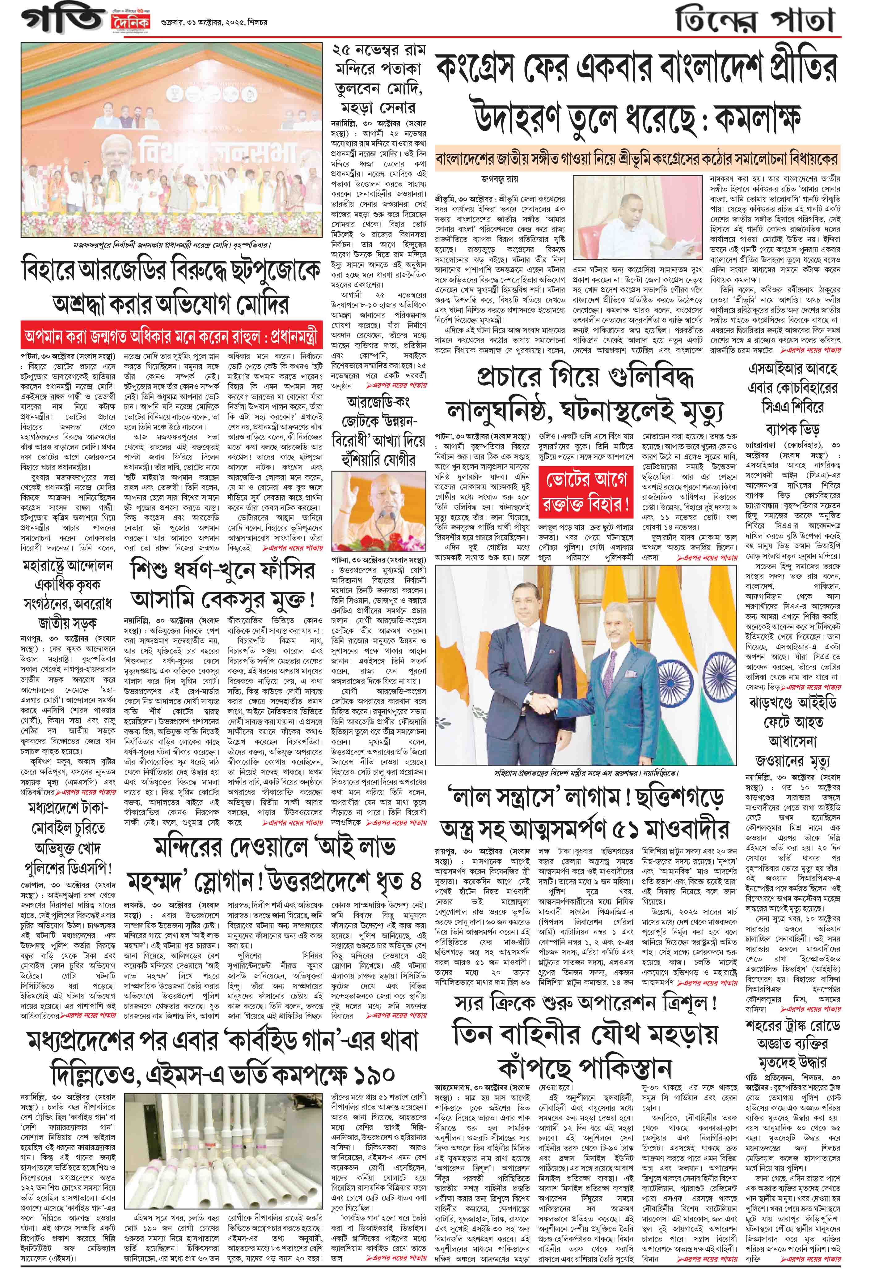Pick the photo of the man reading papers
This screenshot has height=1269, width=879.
pyautogui.click(x=637, y=218)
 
